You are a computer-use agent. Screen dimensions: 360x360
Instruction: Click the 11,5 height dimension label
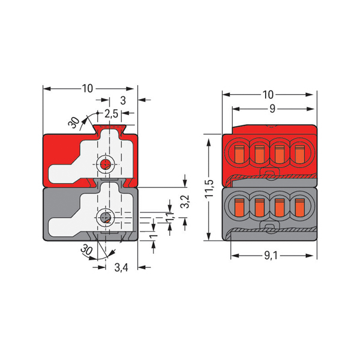pos(209,188)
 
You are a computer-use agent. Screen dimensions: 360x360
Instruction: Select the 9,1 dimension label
pos(271,256)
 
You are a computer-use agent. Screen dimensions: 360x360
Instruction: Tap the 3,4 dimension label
pos(121,268)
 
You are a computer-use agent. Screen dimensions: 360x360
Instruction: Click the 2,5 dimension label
pos(111,113)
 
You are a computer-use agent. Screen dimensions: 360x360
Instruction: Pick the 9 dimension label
pos(272,109)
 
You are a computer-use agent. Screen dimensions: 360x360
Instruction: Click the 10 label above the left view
pos(88,89)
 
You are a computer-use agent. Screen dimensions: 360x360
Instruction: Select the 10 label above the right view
pos(268,95)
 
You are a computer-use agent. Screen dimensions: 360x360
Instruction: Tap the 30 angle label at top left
pos(74,122)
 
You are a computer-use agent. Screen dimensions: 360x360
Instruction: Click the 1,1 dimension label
pos(170,217)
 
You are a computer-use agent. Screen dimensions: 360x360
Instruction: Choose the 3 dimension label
pos(123,101)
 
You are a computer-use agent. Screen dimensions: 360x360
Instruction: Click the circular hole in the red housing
pos(106,164)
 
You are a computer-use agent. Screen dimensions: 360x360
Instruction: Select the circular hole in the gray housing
pos(106,217)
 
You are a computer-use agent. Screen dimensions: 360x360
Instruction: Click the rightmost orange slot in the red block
pos(299,154)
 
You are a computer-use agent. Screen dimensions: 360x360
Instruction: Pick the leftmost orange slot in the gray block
pos(239,208)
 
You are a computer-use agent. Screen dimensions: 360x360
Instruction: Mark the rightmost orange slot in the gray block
pos(299,208)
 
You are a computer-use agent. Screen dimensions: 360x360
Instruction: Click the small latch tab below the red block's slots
pos(270,173)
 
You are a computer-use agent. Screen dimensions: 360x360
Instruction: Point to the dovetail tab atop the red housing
pos(110,129)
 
